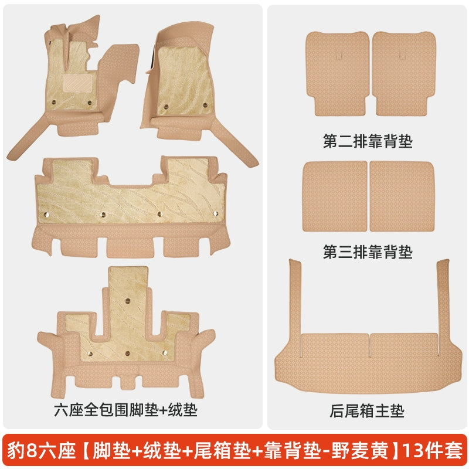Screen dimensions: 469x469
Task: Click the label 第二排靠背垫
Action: (368, 141)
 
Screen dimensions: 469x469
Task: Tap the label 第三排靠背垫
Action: (368, 252)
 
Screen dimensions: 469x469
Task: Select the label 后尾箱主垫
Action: (367, 411)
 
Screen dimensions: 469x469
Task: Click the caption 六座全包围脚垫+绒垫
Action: (125, 410)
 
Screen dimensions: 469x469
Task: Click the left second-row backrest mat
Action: (338, 73)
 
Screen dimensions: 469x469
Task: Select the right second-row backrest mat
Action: (404, 73)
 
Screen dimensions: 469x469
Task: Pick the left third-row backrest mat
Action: (335, 196)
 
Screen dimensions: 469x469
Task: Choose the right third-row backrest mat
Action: (402, 196)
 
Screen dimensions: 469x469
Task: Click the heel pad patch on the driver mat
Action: (77, 83)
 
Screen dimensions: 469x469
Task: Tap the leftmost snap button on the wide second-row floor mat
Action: (46, 215)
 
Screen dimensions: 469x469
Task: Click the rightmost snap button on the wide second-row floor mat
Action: (215, 213)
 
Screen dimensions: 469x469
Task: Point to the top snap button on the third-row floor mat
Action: (128, 301)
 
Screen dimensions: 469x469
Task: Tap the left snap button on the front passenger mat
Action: (166, 107)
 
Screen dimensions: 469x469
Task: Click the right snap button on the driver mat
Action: (90, 103)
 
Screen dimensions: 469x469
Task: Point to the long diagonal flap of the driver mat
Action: (28, 138)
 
